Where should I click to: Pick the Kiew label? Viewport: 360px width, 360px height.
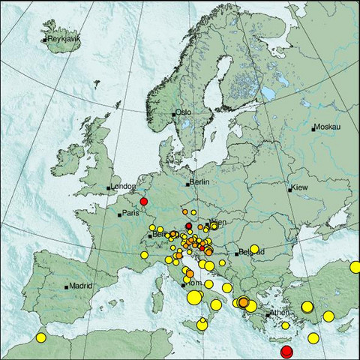coord(300,187)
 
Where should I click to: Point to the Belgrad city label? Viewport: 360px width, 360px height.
coord(250,252)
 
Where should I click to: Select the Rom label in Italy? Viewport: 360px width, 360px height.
coord(193,283)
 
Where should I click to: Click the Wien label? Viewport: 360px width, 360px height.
coord(217,223)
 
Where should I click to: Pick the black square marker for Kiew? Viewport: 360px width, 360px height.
coord(289,189)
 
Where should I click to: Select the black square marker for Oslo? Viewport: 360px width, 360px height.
coord(174,114)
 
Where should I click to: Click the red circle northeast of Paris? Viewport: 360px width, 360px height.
coord(143,201)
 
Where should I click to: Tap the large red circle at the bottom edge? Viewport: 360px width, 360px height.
coord(286,352)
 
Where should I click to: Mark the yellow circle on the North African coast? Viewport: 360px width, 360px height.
coord(40,337)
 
